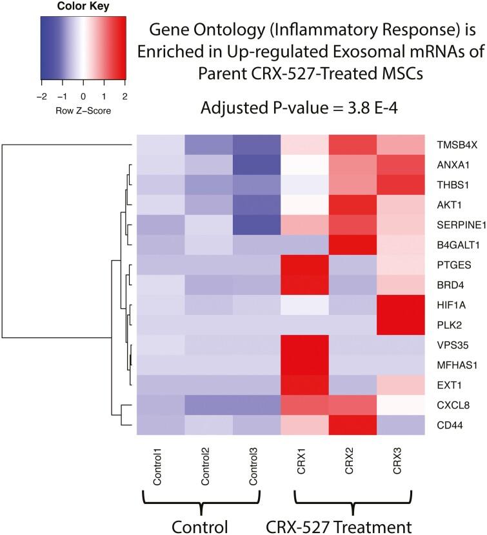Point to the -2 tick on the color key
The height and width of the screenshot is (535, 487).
pyautogui.click(x=41, y=85)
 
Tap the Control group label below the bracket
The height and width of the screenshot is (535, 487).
pyautogui.click(x=201, y=525)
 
